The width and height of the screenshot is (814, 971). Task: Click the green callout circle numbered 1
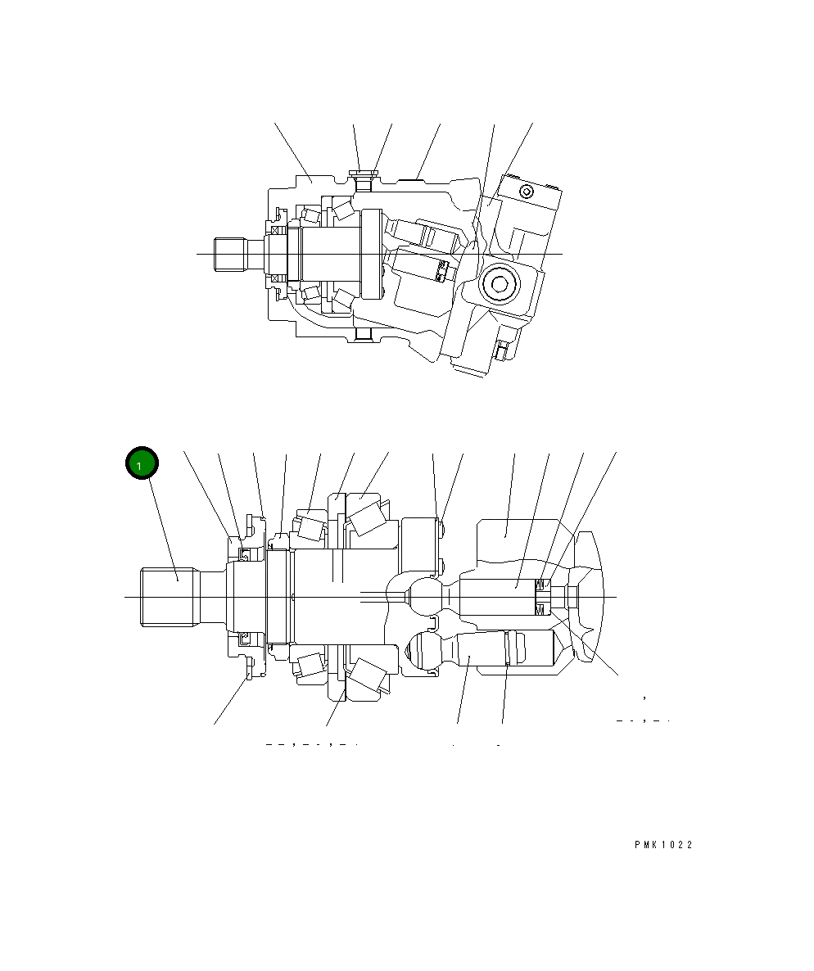pos(142,463)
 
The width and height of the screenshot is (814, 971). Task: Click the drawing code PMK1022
pos(663,845)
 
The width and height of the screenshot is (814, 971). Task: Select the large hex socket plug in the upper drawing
pos(500,284)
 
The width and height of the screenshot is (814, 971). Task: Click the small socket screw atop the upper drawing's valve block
pos(527,192)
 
